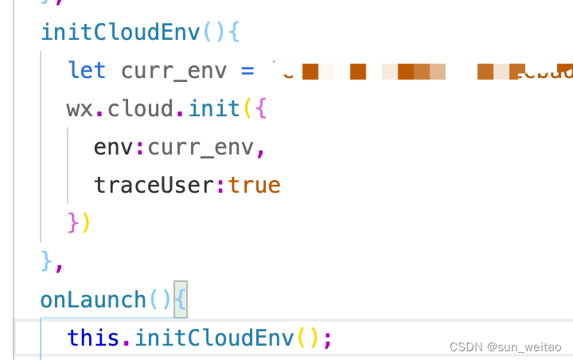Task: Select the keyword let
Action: tap(87, 70)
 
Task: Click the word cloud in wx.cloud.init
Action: tap(141, 108)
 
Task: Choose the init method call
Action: tap(214, 108)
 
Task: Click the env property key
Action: tap(114, 147)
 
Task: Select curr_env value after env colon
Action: tap(201, 147)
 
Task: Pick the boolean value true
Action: tap(254, 185)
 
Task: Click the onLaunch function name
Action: tap(94, 299)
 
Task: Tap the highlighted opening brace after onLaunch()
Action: tap(181, 299)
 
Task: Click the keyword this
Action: tap(94, 338)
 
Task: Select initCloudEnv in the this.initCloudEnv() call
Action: tap(214, 338)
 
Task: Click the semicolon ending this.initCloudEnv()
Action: tap(327, 338)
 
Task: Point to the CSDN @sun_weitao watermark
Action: tap(506, 347)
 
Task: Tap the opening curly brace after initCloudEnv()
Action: tap(234, 32)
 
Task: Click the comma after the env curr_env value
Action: tap(260, 148)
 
